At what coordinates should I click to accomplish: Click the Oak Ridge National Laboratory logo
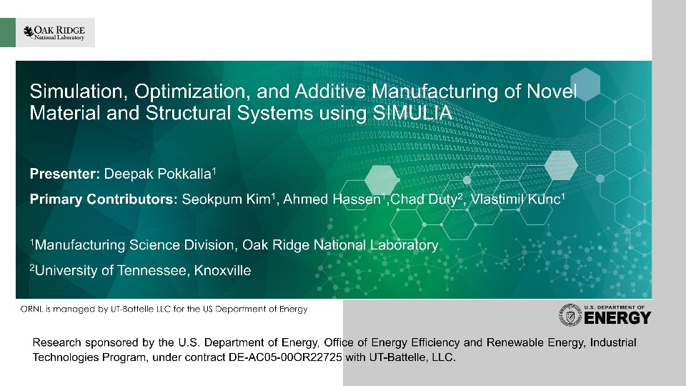54,32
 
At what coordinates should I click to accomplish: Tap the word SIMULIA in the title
412,113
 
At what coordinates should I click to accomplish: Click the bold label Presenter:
65,174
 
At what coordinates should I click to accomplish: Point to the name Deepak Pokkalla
158,174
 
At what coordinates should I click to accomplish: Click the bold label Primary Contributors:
104,199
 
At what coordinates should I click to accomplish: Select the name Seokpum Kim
227,199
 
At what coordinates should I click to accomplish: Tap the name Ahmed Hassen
332,199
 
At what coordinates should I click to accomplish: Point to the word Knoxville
222,270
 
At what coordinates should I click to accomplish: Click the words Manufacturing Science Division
136,245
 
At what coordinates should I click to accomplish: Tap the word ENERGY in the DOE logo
617,318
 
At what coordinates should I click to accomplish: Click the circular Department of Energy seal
570,315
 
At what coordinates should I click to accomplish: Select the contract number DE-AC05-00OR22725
285,357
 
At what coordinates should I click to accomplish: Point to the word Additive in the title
330,91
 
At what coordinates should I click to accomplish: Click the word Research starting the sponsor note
57,342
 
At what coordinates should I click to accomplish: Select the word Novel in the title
552,91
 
